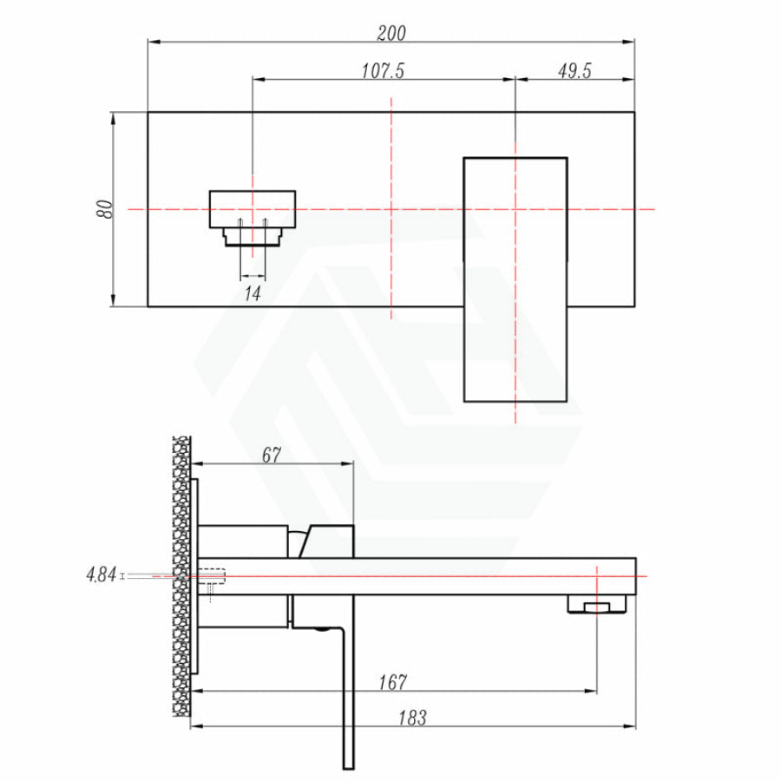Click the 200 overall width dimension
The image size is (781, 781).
391,33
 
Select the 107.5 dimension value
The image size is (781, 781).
383,71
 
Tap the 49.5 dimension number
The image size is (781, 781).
574,71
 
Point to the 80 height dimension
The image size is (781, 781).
104,208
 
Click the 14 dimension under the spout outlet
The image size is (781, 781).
253,293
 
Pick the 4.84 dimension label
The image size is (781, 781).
102,574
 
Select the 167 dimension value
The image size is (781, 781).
392,682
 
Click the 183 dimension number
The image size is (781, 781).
412,719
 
